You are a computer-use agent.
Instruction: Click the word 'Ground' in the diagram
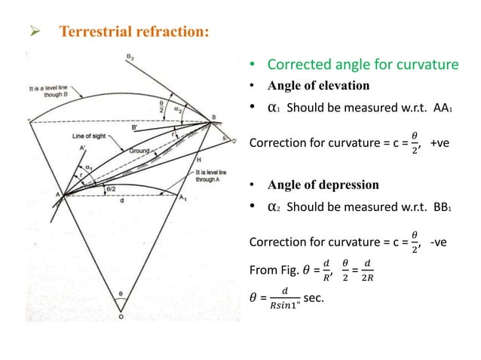137,151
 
